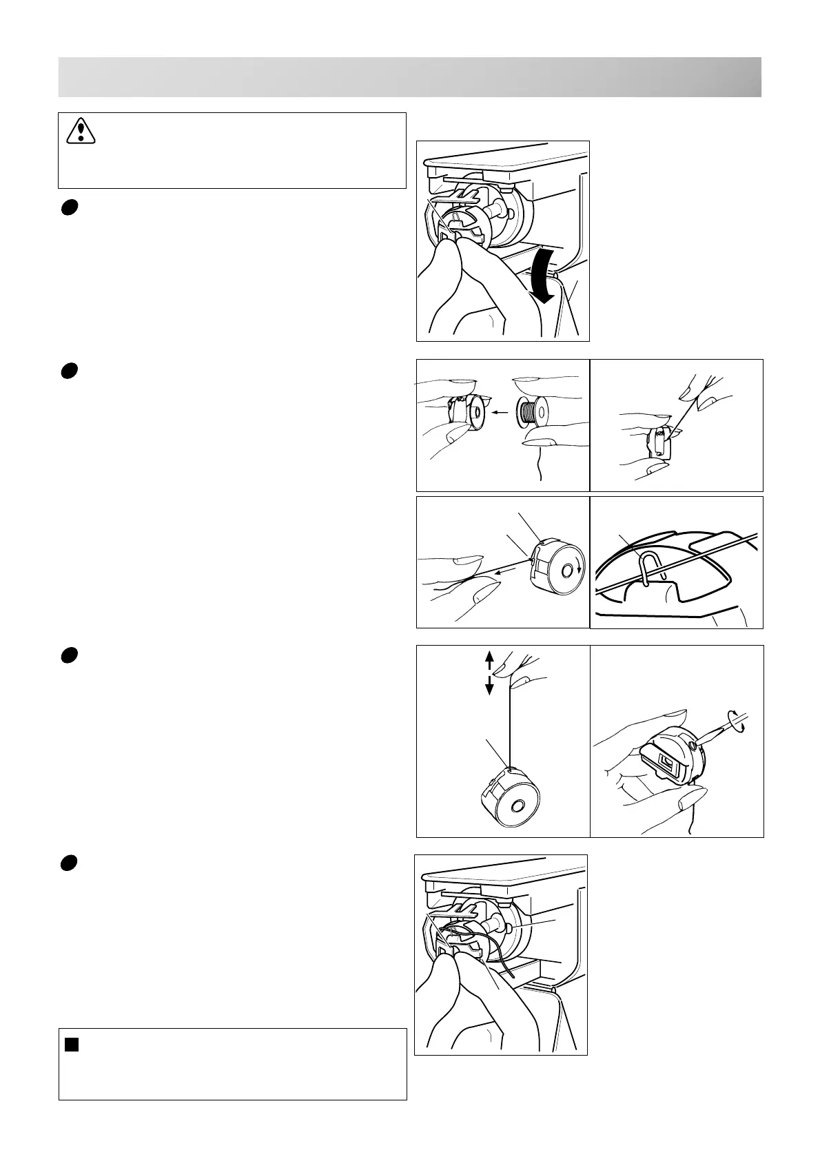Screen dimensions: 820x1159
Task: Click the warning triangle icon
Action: point(81,130)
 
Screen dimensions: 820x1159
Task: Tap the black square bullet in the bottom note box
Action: point(72,1045)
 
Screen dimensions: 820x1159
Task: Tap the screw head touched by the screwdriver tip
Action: point(690,746)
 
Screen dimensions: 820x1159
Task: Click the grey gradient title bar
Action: point(409,77)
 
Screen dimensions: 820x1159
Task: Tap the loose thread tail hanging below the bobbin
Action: point(538,468)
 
